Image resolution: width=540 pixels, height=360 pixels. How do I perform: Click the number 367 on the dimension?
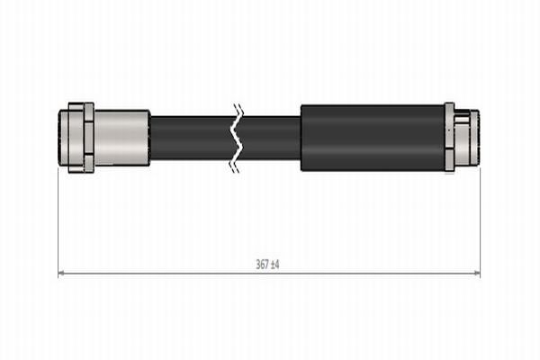point(262,265)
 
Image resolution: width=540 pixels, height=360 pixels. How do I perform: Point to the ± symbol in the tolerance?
point(274,265)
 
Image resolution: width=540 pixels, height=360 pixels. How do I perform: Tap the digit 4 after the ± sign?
point(279,265)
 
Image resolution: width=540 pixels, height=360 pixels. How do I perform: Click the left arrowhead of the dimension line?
point(61,273)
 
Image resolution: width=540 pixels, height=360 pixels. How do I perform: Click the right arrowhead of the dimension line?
point(477,273)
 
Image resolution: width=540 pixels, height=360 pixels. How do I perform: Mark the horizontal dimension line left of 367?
point(153,273)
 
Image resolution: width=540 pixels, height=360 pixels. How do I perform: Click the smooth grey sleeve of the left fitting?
point(122,138)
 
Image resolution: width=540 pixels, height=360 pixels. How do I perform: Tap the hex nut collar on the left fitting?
point(88,138)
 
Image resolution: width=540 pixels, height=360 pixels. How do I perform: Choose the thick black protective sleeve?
point(371,138)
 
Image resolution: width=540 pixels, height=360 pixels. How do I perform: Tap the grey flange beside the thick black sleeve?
point(449,138)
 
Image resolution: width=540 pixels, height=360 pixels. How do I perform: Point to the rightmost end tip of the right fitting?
point(476,138)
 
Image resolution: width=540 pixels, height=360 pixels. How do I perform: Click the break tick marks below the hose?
point(236,166)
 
